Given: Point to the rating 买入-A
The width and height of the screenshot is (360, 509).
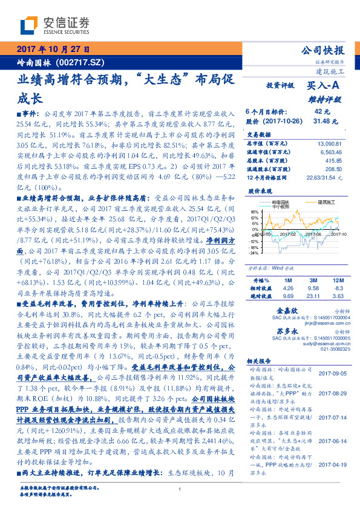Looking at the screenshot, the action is coord(324,86).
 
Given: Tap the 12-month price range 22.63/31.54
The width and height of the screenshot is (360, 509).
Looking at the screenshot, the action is coord(329,178).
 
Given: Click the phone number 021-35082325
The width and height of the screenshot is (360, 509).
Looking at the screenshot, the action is coord(335,349).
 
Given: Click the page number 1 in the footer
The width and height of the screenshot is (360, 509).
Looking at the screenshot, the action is coord(180,489).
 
